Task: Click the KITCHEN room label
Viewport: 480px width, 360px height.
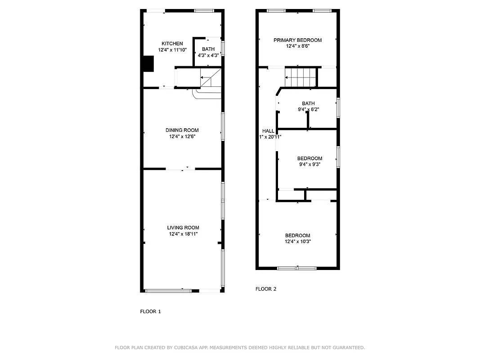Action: tap(172, 44)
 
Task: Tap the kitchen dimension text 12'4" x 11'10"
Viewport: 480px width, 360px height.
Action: tap(172, 50)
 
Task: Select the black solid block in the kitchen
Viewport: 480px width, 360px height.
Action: tap(148, 63)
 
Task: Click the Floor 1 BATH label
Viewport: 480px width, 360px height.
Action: tap(208, 49)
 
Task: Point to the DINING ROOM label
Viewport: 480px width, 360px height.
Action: tap(182, 130)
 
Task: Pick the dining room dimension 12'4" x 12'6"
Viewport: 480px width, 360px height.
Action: tap(182, 136)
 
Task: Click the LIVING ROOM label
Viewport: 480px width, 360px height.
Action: tap(183, 228)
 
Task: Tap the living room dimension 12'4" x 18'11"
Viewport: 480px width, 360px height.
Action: tap(183, 234)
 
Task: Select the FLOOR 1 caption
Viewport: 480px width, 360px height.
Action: tap(150, 311)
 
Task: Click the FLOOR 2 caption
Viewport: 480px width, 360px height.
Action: tap(266, 289)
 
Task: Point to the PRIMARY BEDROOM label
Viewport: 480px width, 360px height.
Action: tap(298, 40)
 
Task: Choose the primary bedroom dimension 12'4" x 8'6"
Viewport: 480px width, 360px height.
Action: tap(298, 46)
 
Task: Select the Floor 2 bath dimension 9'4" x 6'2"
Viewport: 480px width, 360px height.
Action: tap(308, 109)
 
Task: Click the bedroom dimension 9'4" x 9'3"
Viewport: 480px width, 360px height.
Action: tap(310, 165)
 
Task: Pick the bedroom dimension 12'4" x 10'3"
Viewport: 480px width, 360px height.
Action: tap(298, 242)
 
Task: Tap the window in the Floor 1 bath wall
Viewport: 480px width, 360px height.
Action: tap(223, 49)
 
